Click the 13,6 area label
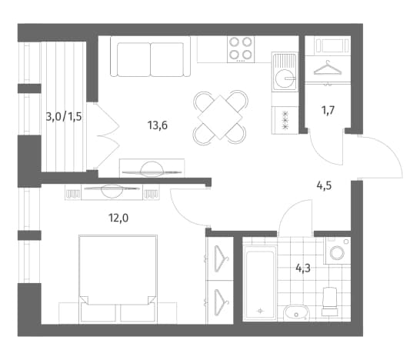[158, 125]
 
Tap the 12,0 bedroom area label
[118, 218]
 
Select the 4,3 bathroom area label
[303, 268]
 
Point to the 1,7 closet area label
[328, 110]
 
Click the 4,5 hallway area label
[324, 185]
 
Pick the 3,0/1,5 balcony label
[64, 117]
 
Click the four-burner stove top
[241, 49]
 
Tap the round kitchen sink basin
[284, 78]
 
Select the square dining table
[220, 118]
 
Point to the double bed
[118, 278]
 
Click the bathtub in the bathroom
[259, 283]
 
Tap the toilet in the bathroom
[330, 301]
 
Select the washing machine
[338, 250]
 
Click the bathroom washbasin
[296, 313]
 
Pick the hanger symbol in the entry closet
[328, 68]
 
